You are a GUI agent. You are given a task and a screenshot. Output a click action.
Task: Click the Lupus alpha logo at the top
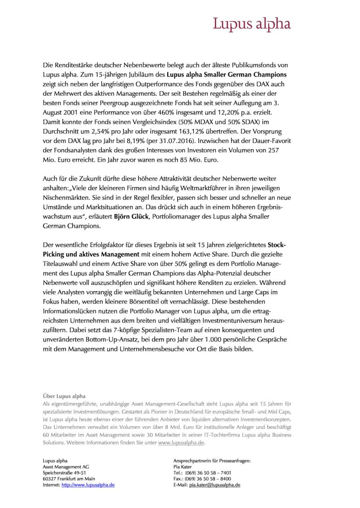coord(252,24)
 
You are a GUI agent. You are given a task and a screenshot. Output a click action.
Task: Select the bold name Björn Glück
coord(131,217)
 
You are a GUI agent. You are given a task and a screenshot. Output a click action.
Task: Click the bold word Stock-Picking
coord(276,245)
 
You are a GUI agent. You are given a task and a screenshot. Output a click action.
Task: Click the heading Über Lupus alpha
coord(64,396)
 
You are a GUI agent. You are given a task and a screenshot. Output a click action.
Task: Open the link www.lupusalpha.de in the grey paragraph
coord(181,443)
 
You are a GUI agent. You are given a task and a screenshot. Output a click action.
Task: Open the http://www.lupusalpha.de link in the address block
coord(88,485)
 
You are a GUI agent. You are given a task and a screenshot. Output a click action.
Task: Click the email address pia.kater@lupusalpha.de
coord(215,485)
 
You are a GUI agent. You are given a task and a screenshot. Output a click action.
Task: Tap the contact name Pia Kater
coord(182,467)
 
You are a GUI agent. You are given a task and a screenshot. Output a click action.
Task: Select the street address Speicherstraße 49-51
coord(64,473)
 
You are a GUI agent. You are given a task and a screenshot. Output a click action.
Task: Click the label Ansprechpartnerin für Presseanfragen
coord(212,461)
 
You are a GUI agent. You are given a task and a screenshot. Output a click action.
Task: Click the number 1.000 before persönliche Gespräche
coord(213,340)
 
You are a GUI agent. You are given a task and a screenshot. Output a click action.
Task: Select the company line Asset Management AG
coord(66,467)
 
